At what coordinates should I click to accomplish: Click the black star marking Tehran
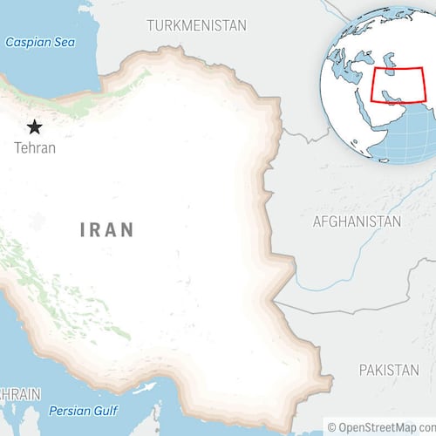[35, 126]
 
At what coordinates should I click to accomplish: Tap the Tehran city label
[35, 147]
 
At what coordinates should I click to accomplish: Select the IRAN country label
[107, 230]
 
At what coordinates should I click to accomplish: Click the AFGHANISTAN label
[357, 221]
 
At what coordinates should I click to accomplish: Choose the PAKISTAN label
[388, 370]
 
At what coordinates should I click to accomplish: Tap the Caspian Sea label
[40, 42]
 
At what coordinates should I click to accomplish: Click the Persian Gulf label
[83, 411]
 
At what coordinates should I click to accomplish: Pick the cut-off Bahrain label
[19, 394]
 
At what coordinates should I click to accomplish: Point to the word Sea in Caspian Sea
[64, 42]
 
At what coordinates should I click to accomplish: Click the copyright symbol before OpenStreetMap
[332, 426]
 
